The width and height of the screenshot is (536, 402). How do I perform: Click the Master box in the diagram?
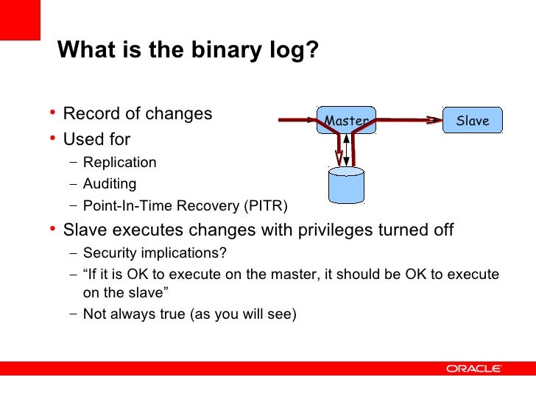tap(346, 121)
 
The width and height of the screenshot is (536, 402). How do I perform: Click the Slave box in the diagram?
tap(473, 121)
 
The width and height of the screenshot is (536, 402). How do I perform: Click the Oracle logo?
tap(473, 368)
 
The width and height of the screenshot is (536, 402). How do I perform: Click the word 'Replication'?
tap(120, 163)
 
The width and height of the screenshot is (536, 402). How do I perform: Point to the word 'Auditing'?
tap(110, 184)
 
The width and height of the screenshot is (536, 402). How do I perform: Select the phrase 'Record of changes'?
tap(138, 114)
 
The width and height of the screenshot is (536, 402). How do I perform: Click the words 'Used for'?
tap(96, 138)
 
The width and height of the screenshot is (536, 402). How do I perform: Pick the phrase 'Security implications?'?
tap(155, 253)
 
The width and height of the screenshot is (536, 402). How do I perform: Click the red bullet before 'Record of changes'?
tap(53, 113)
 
